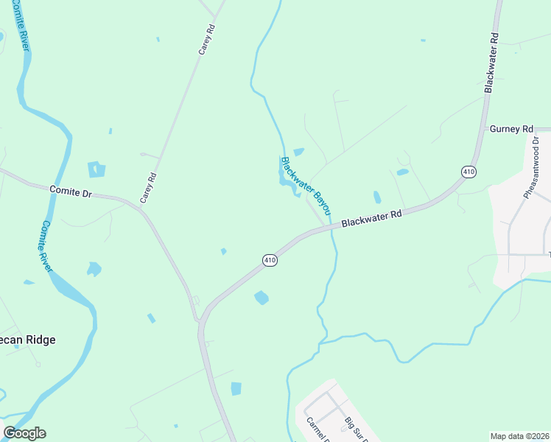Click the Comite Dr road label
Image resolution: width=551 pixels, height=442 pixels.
point(70,191)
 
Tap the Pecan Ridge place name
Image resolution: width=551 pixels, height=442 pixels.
point(28,340)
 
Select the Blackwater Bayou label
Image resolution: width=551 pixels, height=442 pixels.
point(303,181)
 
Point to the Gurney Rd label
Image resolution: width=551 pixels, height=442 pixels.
point(510,129)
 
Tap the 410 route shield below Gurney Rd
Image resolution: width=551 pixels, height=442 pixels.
point(468,172)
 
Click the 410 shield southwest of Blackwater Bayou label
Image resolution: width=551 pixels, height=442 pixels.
point(270,260)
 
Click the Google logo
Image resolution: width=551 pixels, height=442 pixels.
point(24,433)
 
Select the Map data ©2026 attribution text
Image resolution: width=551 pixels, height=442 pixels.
point(519,436)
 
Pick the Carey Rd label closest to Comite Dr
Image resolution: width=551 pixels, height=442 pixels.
point(148,188)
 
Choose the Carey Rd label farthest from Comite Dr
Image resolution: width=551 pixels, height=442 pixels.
point(206,40)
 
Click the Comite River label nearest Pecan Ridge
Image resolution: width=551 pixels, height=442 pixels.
point(46,246)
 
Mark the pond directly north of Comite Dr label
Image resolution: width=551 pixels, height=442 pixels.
point(96,169)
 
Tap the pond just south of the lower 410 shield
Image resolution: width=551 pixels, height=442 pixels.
point(262,298)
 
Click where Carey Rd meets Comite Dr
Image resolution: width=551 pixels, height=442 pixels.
point(140,208)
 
